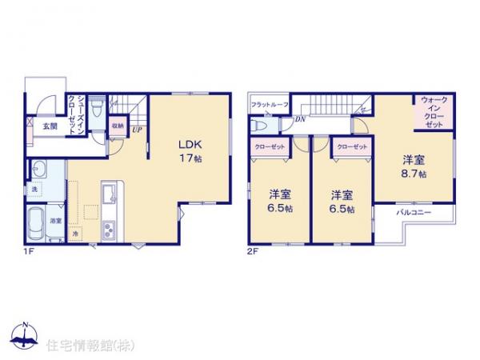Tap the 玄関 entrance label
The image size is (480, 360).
click(x=50, y=126)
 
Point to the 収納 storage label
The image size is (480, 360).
click(x=118, y=126)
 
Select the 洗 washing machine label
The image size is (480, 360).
click(x=35, y=190)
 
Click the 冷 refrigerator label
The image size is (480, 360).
click(x=75, y=234)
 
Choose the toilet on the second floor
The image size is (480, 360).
click(x=261, y=126)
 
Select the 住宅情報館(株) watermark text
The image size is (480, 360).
click(x=89, y=345)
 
